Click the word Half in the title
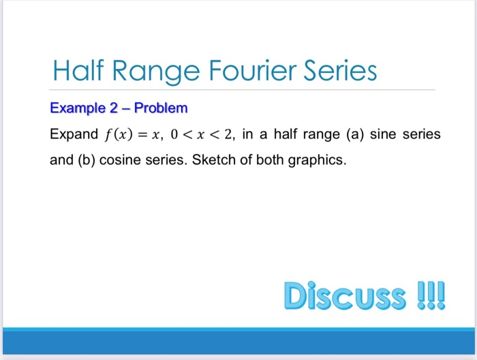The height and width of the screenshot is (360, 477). [78, 71]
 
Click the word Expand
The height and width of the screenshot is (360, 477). [74, 134]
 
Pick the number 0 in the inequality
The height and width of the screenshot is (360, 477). [174, 135]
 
